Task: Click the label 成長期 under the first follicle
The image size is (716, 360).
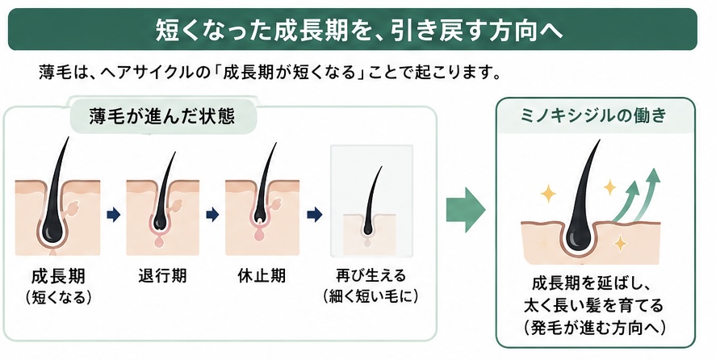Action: tap(58, 277)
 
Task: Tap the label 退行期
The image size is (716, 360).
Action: tap(162, 276)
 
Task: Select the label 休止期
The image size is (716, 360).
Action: tap(262, 276)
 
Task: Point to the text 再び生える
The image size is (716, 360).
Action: tap(371, 276)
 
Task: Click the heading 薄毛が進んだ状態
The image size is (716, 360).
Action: tap(162, 116)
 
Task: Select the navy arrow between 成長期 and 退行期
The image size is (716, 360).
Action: tap(113, 214)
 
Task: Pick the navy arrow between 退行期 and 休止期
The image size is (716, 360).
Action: tap(212, 214)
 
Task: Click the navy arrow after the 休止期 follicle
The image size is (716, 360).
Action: tap(315, 214)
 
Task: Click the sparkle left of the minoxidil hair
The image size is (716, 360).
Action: tap(548, 195)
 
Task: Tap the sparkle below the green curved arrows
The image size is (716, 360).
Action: tap(620, 243)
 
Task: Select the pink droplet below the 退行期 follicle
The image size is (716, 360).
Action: tap(159, 241)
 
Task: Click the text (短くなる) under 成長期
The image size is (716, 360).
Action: tap(58, 298)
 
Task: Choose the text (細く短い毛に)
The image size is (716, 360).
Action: tap(371, 297)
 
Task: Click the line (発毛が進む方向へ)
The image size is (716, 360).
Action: tap(595, 328)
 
